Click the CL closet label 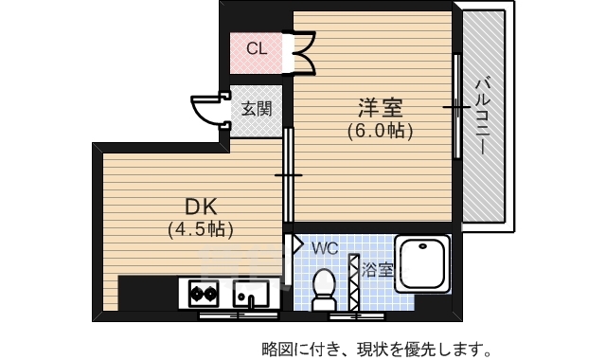pyautogui.click(x=257, y=48)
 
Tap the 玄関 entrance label pyautogui.click(x=255, y=108)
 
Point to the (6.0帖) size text pyautogui.click(x=379, y=132)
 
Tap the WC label pyautogui.click(x=325, y=247)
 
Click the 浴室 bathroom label pyautogui.click(x=378, y=268)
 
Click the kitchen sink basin pyautogui.click(x=250, y=294)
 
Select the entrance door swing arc pyautogui.click(x=205, y=111)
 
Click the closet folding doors pyautogui.click(x=306, y=53)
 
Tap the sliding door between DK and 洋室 pyautogui.click(x=289, y=175)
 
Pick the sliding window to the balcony pyautogui.click(x=456, y=109)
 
